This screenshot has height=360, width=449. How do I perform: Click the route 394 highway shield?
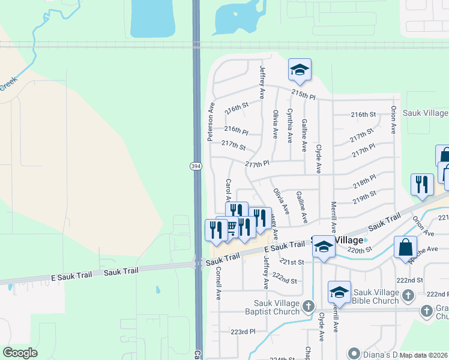click(196, 166)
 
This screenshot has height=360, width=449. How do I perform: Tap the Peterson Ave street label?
click(211, 121)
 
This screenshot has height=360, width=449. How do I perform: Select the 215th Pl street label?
click(303, 95)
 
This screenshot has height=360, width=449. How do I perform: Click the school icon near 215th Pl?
click(300, 70)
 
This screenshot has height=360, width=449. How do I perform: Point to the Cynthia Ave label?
click(290, 125)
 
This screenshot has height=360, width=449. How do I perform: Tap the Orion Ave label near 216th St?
click(394, 120)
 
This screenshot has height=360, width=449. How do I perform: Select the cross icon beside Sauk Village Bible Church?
click(408, 295)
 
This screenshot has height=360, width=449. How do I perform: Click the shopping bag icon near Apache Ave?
click(405, 247)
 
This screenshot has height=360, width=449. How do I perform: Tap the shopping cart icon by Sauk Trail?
click(229, 227)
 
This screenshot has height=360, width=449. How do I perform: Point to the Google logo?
click(20, 353)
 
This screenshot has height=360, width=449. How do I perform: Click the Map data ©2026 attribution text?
click(424, 355)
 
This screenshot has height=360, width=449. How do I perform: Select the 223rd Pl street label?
click(243, 331)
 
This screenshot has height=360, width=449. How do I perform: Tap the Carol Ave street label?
click(228, 190)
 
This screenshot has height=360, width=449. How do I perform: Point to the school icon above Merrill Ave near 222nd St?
click(339, 292)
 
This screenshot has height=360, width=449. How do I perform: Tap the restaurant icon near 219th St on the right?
click(422, 184)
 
